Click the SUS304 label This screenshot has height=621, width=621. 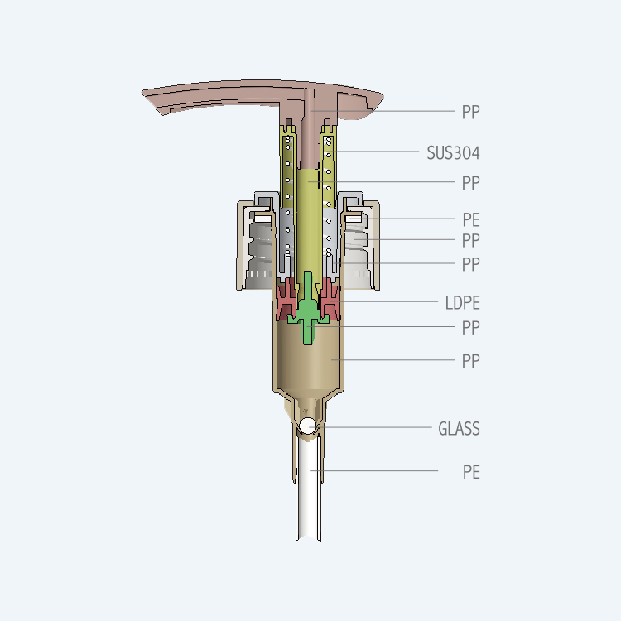pyautogui.click(x=453, y=153)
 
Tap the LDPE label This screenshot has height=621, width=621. pyautogui.click(x=462, y=303)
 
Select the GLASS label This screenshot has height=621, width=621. pyautogui.click(x=459, y=429)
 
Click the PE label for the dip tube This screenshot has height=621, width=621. pyautogui.click(x=471, y=472)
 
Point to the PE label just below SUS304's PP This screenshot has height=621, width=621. pyautogui.click(x=471, y=219)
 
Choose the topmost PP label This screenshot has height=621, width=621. pyautogui.click(x=471, y=112)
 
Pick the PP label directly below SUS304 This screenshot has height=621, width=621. pyautogui.click(x=471, y=183)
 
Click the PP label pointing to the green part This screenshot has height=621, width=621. pyautogui.click(x=471, y=328)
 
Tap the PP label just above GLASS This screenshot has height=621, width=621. pyautogui.click(x=471, y=361)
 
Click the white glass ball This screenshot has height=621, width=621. pyautogui.click(x=307, y=426)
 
